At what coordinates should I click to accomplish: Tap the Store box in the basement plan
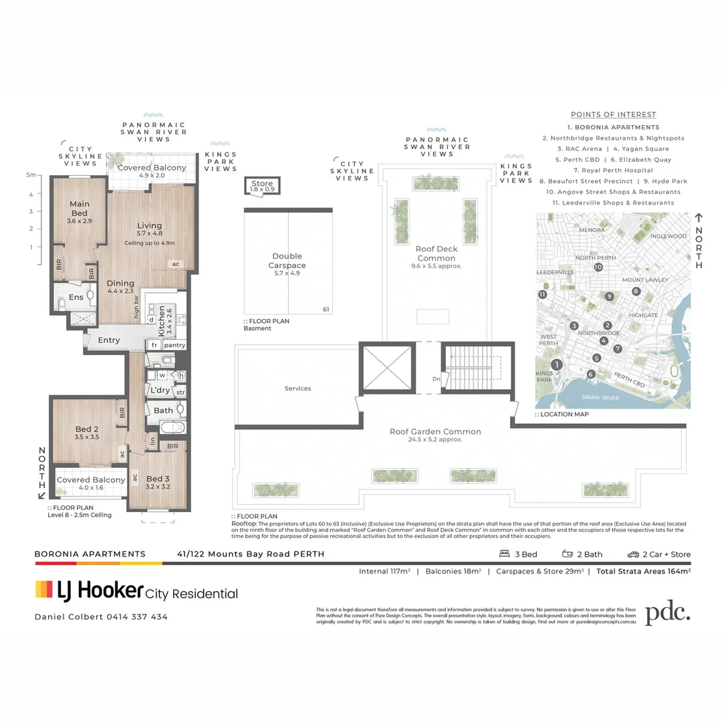click(x=262, y=186)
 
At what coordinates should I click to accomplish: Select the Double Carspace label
click(x=287, y=261)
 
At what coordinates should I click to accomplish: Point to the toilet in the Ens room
click(x=62, y=305)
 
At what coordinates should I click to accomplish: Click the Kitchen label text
click(x=161, y=322)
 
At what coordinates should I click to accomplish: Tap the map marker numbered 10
click(x=598, y=267)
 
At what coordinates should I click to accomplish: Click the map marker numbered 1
click(x=558, y=364)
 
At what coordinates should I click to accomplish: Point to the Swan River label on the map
click(x=600, y=398)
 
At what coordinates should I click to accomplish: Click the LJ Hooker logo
click(x=89, y=590)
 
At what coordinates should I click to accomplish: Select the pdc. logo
click(x=667, y=613)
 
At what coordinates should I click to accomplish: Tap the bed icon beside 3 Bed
click(x=505, y=554)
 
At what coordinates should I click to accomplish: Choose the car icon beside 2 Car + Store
click(x=632, y=554)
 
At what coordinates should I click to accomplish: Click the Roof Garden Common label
click(x=435, y=432)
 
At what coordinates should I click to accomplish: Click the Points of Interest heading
click(x=613, y=114)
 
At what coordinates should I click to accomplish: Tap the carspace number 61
click(x=326, y=310)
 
